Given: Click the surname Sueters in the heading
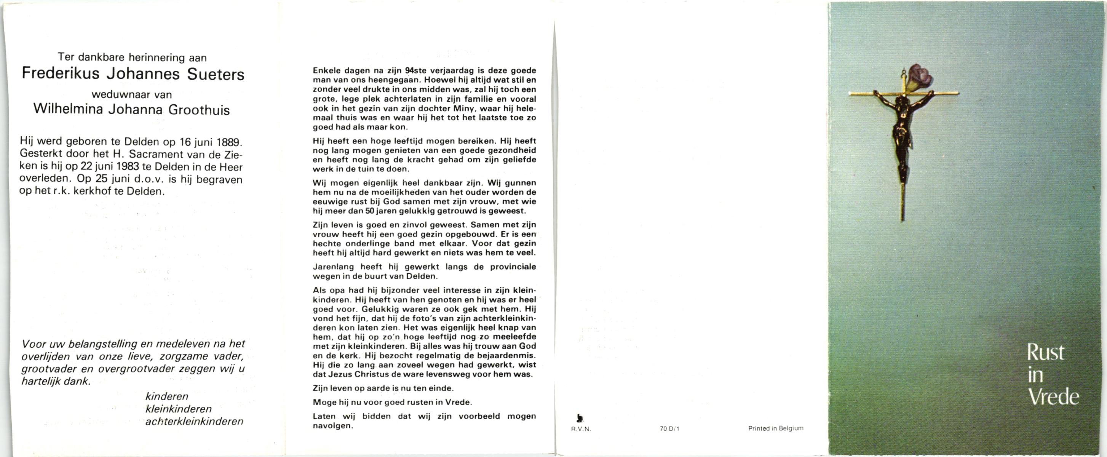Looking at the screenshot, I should (x=216, y=75).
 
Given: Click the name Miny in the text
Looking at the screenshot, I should (x=463, y=108).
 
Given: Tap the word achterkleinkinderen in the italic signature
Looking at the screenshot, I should (x=194, y=421).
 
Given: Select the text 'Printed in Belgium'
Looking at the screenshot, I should (x=776, y=428).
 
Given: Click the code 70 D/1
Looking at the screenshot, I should (x=669, y=428).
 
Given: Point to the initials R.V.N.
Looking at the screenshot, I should (x=581, y=428).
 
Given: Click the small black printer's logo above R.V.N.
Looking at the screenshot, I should (x=580, y=417).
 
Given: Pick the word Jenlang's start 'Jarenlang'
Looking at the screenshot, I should (x=333, y=267).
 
